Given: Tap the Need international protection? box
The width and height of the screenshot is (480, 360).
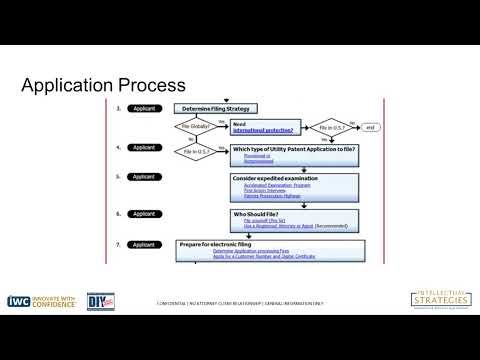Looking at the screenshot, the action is [x=262, y=127].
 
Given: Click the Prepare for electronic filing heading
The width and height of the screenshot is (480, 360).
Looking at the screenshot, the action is [x=231, y=244].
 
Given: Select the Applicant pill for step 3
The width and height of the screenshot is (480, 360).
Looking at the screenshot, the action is [x=144, y=108].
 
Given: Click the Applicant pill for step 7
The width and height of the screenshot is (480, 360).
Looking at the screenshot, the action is [x=144, y=244].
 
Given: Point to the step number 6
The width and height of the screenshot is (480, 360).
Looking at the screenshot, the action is [x=119, y=214].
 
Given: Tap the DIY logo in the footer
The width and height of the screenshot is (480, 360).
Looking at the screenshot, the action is [x=123, y=301].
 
